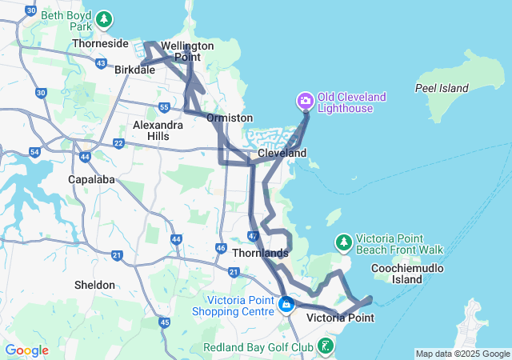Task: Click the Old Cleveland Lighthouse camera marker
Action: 305,101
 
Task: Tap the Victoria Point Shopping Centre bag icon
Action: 286,305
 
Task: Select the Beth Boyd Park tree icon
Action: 103,19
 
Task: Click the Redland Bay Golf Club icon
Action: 326,346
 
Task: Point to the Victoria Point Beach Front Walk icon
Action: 343,242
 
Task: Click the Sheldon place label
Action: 94,285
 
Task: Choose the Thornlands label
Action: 260,253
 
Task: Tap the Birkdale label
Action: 134,70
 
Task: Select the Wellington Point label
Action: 187,51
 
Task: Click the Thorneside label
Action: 101,43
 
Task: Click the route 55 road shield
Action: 163,107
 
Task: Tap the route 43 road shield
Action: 101,62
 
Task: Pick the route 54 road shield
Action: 34,151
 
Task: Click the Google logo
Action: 26,350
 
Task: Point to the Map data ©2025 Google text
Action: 462,354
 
